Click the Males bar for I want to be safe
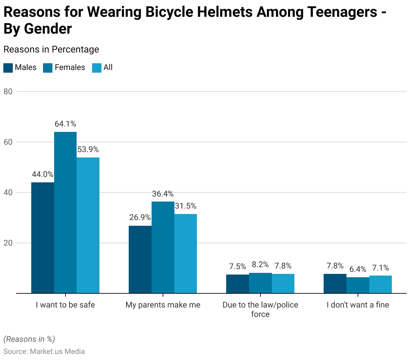[x=43, y=238]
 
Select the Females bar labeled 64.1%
[x=65, y=212]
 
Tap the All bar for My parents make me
[x=186, y=253]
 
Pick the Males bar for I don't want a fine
[x=335, y=284]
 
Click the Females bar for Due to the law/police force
[x=260, y=283]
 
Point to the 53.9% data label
[x=88, y=149]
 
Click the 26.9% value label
[x=140, y=217]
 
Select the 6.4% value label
[x=358, y=269]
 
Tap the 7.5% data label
[x=238, y=266]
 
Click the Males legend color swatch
[x=8, y=68]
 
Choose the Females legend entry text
[x=70, y=67]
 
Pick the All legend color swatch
[x=97, y=68]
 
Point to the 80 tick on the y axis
[x=8, y=92]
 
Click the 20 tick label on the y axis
[x=8, y=243]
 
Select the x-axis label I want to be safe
[x=66, y=305]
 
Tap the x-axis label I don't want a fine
[x=358, y=305]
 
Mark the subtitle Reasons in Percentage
[x=51, y=49]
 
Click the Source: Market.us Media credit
[x=44, y=352]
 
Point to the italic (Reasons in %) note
[x=29, y=339]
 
